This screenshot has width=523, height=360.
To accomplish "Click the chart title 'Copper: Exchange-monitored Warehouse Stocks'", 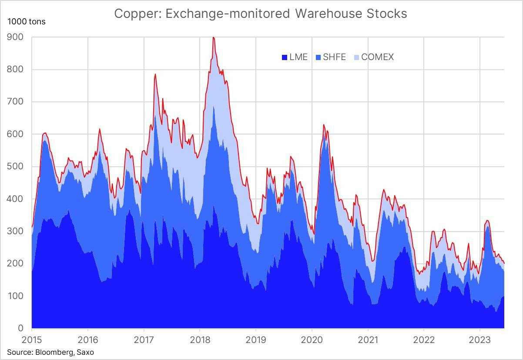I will tap(260, 14).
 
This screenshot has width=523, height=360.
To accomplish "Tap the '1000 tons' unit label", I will tap(26, 21).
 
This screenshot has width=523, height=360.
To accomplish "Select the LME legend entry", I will tap(295, 57).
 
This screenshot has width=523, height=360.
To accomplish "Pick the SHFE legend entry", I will tap(330, 57).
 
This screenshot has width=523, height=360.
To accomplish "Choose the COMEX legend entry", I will tap(373, 57).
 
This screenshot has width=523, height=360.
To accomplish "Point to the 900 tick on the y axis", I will tap(15, 37).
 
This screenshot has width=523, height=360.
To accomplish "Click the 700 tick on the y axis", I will tap(15, 102).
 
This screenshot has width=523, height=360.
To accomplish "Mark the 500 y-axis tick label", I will tap(15, 167).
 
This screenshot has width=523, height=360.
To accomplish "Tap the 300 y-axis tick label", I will tap(15, 231).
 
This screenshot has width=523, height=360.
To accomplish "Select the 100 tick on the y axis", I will tap(15, 296).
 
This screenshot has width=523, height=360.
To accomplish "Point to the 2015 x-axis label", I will tap(32, 339).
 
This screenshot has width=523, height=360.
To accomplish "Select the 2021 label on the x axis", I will tap(368, 339).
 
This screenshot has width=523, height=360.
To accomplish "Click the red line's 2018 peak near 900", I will tap(213, 38).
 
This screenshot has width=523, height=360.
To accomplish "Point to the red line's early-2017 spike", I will tap(155, 74).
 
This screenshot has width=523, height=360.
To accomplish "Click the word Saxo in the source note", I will tap(85, 352).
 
